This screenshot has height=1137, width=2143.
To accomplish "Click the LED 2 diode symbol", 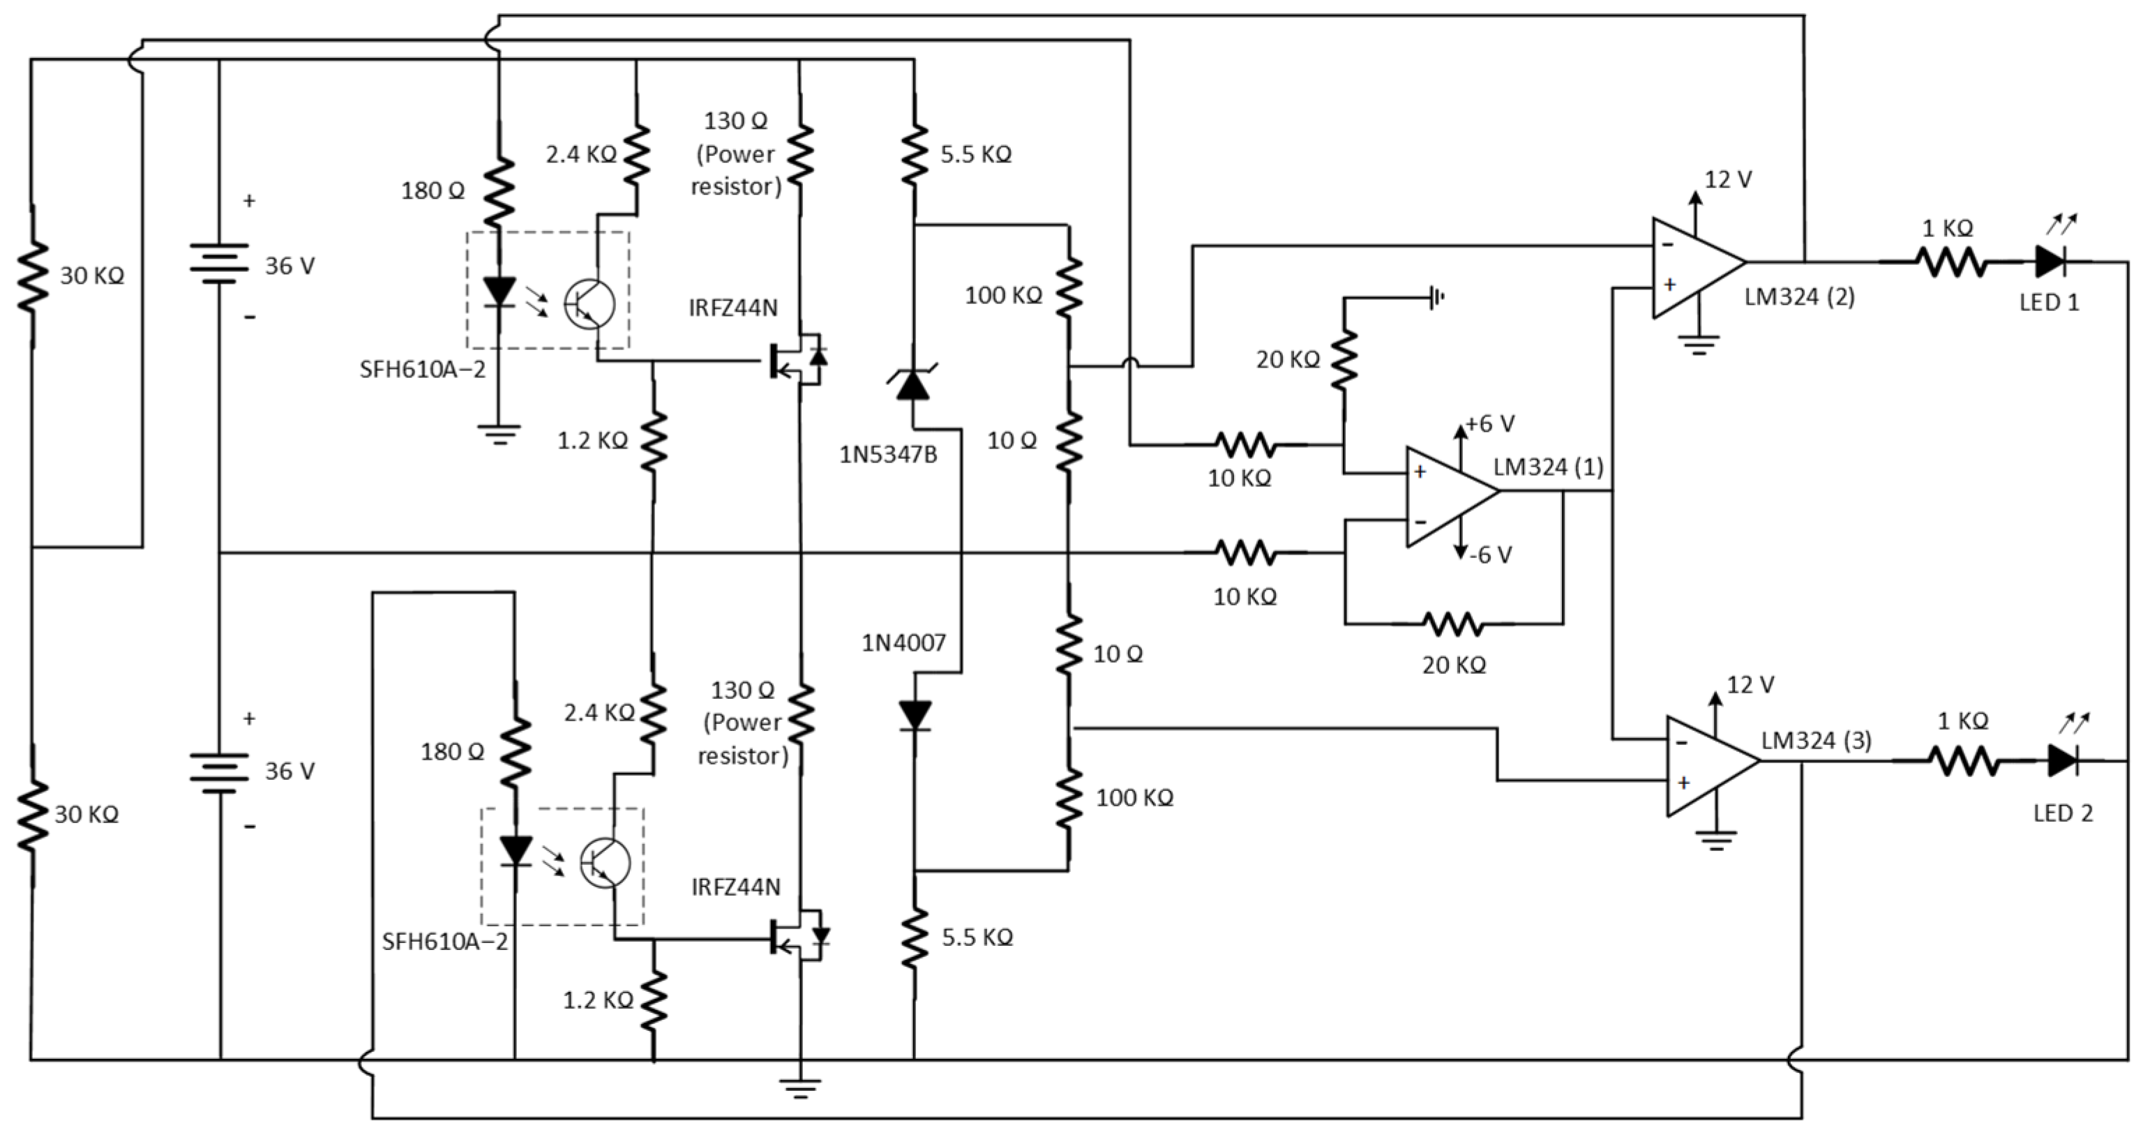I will coord(2063,760).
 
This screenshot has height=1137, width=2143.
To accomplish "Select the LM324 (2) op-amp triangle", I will coord(1693,267).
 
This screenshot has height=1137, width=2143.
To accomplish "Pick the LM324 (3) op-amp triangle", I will coord(1707,765).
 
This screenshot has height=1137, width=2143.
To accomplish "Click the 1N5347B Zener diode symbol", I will coord(913,384).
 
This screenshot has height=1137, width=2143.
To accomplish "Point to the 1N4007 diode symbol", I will coord(915,714).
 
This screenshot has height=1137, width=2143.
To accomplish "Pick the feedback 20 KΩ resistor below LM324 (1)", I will coord(1452,624).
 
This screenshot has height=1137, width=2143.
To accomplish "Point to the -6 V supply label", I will coord(1489,555).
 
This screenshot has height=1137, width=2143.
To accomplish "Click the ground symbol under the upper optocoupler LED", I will coord(499,434).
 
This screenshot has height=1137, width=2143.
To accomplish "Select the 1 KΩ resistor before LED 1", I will coord(1951,263).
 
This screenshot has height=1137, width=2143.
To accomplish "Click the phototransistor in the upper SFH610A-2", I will coord(588,304).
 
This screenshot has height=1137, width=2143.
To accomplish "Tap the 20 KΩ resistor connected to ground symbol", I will coord(1344,359).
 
